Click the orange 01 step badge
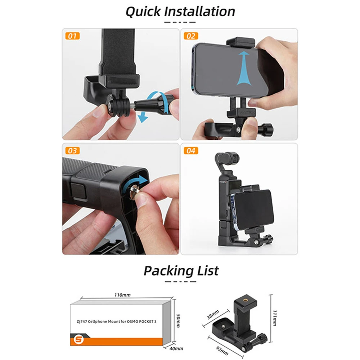point(73,36)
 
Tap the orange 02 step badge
point(191,36)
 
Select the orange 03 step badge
point(73,150)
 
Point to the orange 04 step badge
point(191,150)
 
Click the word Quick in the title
point(143,12)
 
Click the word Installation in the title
point(200,11)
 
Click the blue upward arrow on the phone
point(243,68)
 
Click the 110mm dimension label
point(123,295)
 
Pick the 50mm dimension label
point(178,321)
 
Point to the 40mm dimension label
point(176,348)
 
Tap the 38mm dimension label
point(213,315)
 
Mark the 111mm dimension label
point(275,318)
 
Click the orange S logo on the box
point(78,339)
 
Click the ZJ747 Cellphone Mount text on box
point(116,321)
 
